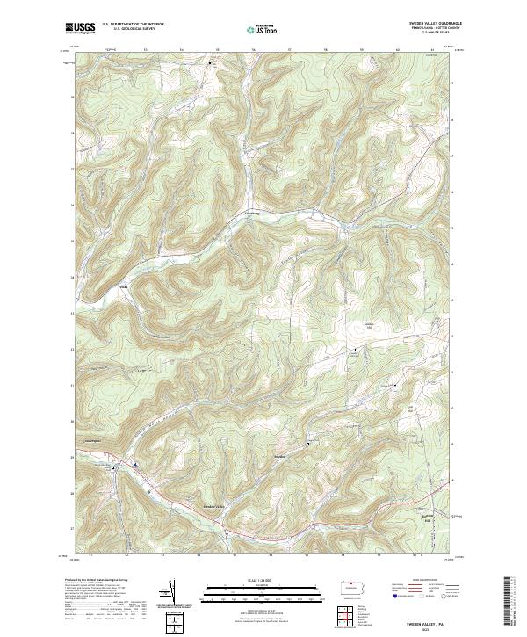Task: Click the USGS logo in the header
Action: pos(80,28)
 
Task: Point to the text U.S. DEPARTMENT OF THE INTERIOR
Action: pos(133,25)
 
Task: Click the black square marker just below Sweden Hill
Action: pos(356,350)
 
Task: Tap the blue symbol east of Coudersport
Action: pos(134,463)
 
